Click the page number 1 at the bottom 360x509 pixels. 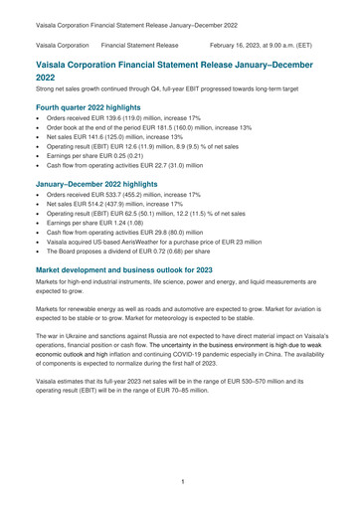click(x=180, y=481)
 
